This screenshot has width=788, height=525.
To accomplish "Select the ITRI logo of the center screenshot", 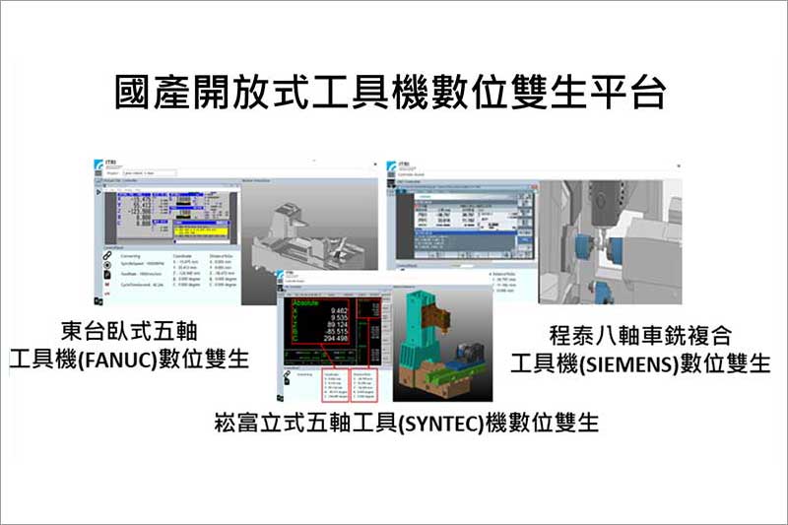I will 287,283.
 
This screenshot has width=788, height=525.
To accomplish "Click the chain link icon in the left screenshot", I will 105,256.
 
